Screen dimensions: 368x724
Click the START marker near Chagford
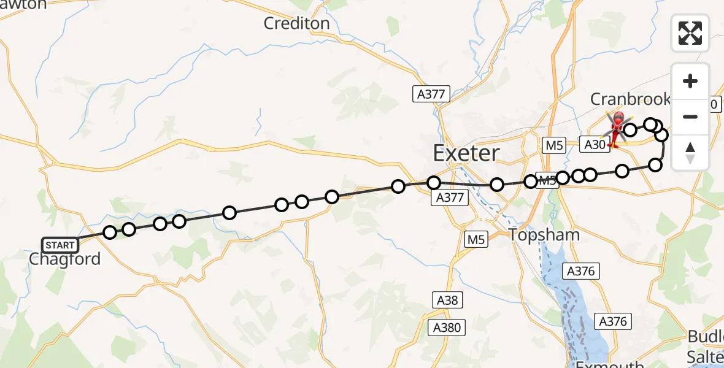[60, 245]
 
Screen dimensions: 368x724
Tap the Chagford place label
[64, 259]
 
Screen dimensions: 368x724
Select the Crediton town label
[296, 23]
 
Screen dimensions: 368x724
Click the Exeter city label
[466, 153]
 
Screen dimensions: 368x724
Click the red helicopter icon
[617, 127]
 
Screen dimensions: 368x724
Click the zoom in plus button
[690, 81]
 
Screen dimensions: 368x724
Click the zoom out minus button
[690, 117]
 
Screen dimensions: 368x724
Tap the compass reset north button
[690, 151]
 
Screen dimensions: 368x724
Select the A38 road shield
[446, 300]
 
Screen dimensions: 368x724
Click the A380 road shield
[446, 327]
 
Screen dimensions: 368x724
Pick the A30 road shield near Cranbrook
[595, 145]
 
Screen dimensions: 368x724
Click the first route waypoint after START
[110, 232]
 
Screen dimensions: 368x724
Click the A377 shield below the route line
[450, 197]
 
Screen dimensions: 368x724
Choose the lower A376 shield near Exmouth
[612, 321]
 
